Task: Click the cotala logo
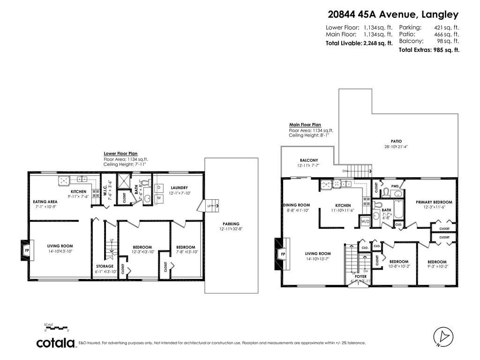[x=56, y=343]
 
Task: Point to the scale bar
[x=56, y=327]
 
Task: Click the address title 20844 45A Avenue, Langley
[x=393, y=15]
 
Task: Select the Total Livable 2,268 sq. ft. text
[x=359, y=43]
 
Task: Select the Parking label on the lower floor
[x=231, y=224]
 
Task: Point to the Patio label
[x=397, y=141]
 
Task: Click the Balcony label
[x=308, y=160]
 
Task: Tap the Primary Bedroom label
[x=434, y=202]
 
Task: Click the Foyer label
[x=360, y=277]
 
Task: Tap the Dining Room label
[x=297, y=205]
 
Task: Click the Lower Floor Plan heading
[x=120, y=153]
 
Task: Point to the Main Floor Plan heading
[x=305, y=125]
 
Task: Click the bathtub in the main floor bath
[x=398, y=209]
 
